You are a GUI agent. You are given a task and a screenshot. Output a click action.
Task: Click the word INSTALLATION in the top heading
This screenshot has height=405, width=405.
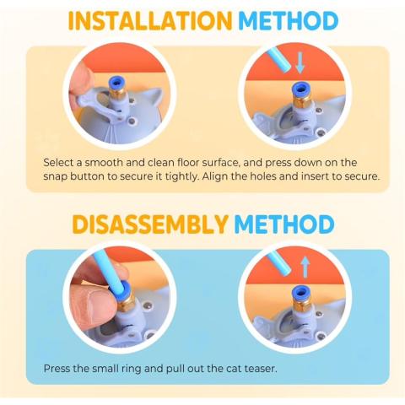point(150,21)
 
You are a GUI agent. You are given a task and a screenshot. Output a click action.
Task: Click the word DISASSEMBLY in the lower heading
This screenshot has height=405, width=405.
point(150,224)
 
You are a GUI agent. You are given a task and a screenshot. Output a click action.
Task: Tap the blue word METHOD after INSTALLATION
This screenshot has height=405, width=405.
point(288,21)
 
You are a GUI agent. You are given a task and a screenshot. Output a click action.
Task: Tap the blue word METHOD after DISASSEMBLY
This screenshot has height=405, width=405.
point(284,224)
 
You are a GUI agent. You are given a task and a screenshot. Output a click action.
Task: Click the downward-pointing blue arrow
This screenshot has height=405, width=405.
point(300,62)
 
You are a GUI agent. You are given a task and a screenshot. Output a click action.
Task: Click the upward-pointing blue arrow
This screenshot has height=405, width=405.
point(305,267)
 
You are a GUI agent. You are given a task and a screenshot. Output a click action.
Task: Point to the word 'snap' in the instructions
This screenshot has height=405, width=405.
point(55,176)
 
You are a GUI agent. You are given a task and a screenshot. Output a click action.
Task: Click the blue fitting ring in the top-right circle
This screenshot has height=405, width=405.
point(300,89)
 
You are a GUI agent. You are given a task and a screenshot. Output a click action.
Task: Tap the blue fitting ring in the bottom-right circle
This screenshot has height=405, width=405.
point(300,293)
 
